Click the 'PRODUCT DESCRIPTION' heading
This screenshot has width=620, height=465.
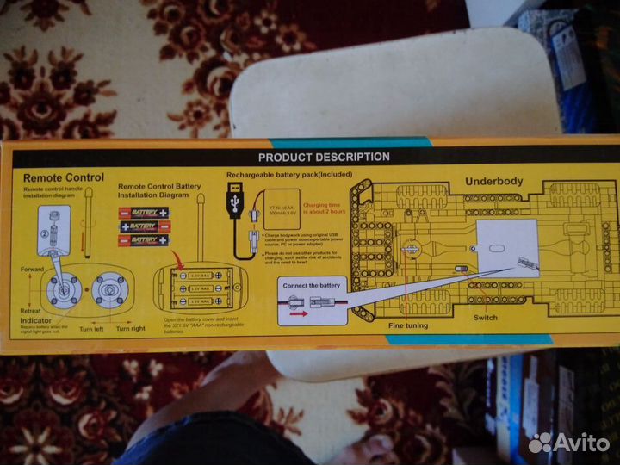tap(323, 157)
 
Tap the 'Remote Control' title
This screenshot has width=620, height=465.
tap(63, 177)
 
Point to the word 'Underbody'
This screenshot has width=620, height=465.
tap(493, 182)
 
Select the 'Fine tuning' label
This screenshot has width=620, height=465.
tap(409, 325)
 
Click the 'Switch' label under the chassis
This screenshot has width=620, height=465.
tap(485, 318)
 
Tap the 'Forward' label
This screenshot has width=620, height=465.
tap(32, 270)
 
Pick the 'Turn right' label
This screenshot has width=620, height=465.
tap(130, 329)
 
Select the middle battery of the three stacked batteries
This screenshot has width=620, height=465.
tap(144, 226)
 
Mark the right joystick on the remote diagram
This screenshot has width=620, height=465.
tap(111, 291)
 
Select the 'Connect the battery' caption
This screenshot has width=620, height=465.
tap(312, 285)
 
